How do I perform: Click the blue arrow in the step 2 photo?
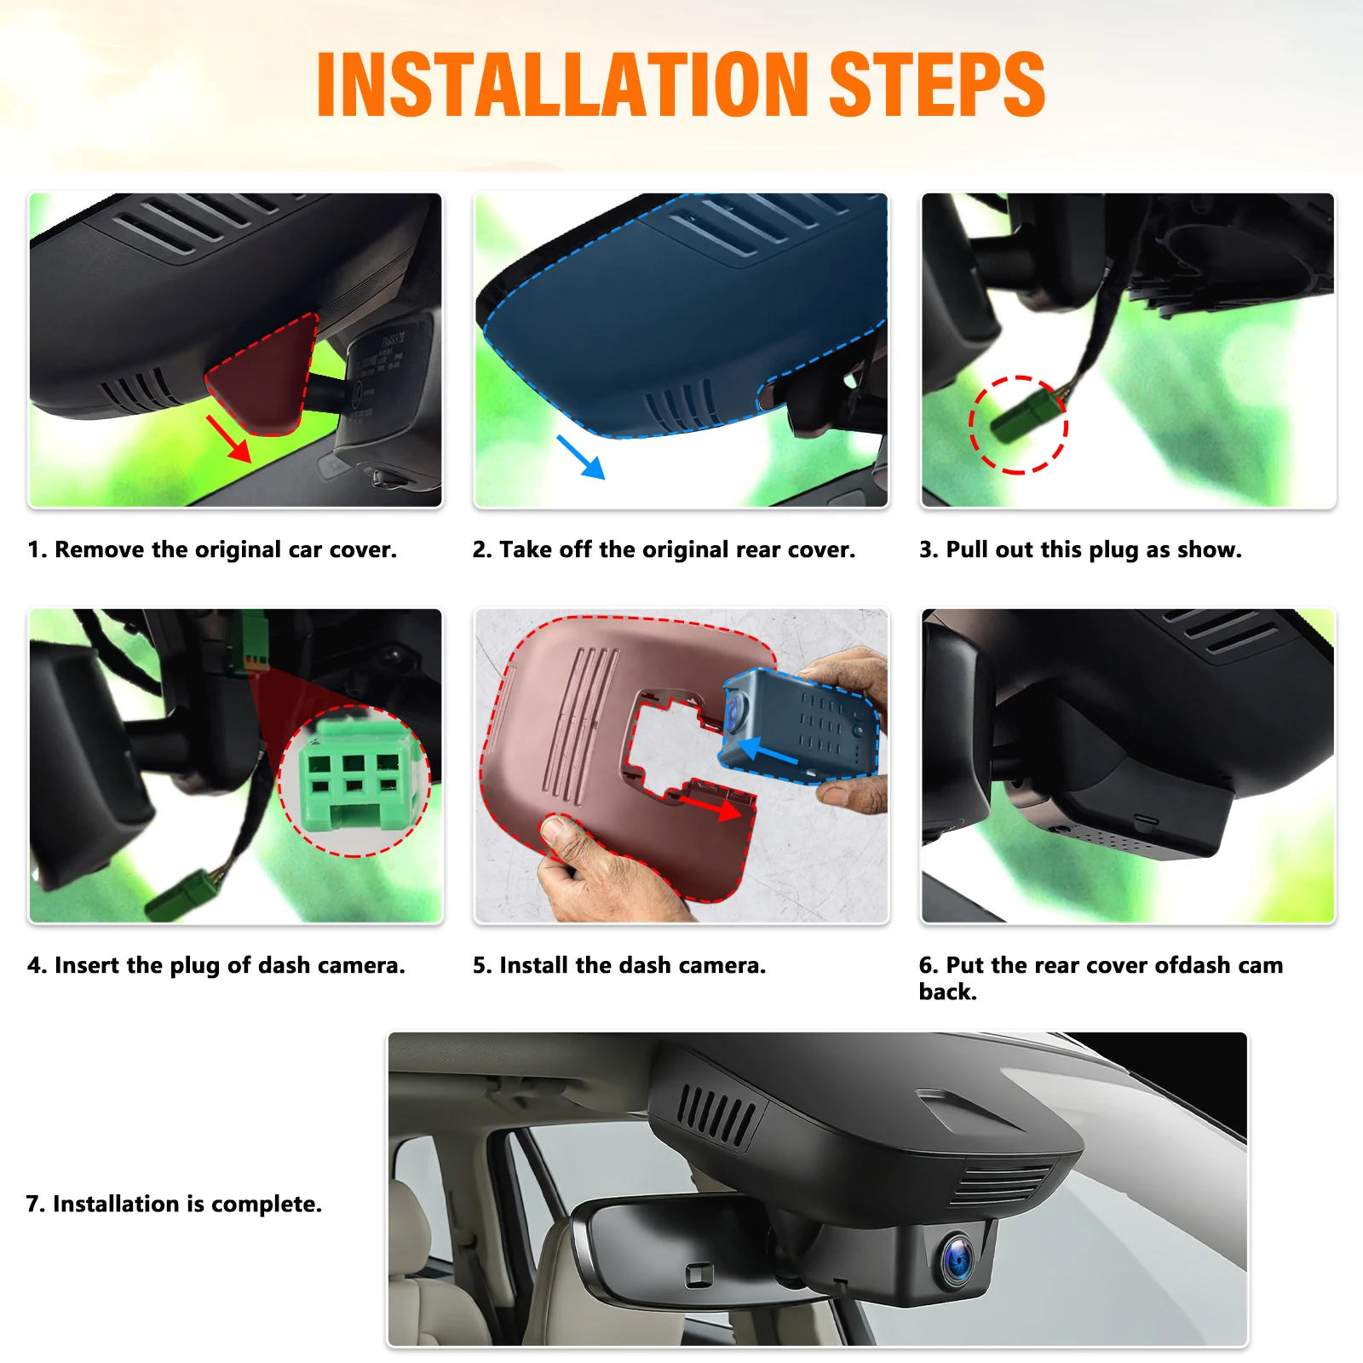[x=580, y=457]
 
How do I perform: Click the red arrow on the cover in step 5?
[x=710, y=806]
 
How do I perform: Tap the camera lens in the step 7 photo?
[x=959, y=1258]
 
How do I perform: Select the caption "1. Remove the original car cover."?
[x=212, y=549]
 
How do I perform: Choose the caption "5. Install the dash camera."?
[x=619, y=965]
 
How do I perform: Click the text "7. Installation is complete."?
[x=174, y=1204]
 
